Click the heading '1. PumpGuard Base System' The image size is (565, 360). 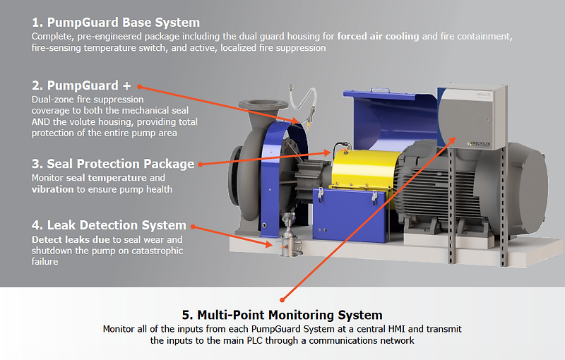coord(116,23)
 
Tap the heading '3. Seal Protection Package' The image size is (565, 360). coord(113,164)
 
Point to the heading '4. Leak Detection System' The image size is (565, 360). coord(109,225)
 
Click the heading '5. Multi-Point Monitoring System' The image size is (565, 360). coord(282,315)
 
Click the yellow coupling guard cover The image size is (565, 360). coord(359,169)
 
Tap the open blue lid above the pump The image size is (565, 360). coord(388,112)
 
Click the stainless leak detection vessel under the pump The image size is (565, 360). coord(287,244)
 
